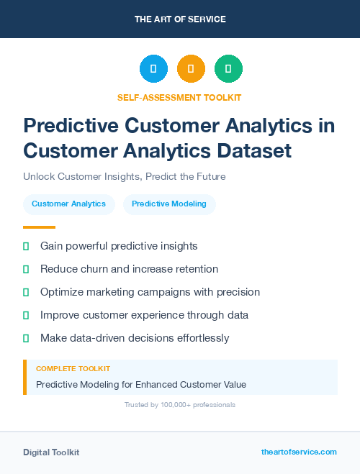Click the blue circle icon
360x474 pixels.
[x=153, y=69]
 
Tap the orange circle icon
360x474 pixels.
[x=191, y=69]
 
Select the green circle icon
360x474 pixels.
[x=228, y=69]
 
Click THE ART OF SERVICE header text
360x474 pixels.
[x=180, y=19]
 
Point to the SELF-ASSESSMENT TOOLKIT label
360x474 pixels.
[x=179, y=97]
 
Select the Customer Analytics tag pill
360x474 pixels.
[x=68, y=204]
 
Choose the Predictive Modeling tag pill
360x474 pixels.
[x=169, y=204]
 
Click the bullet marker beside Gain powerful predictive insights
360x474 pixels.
[x=26, y=246]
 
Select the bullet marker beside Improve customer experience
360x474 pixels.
[x=26, y=315]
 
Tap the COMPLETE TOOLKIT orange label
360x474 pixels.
[x=73, y=369]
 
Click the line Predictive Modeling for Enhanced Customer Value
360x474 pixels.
[x=141, y=385]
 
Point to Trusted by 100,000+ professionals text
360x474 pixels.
[x=179, y=405]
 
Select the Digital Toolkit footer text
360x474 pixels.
[x=51, y=452]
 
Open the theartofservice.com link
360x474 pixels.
[x=299, y=452]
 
